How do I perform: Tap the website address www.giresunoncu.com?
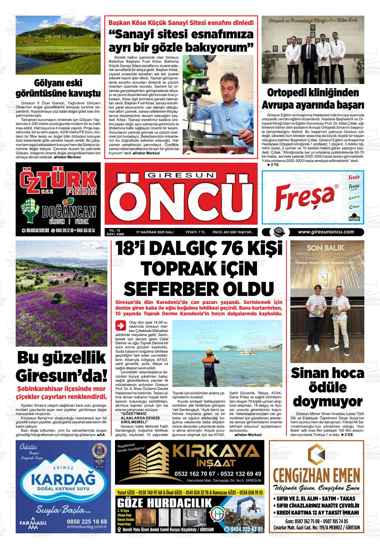pos(326,232)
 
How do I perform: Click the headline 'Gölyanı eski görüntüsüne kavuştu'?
pos(58,88)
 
